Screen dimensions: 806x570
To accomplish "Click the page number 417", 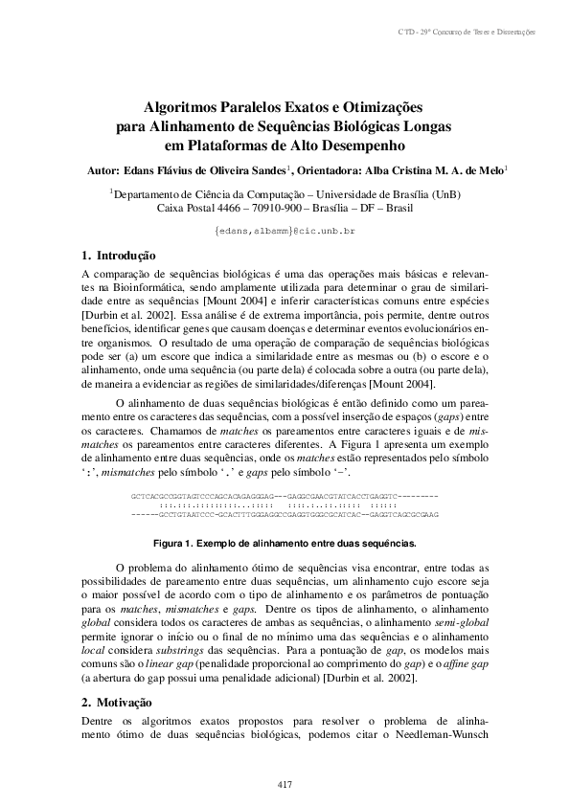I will click(285, 785).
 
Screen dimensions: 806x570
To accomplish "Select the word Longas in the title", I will click(429, 126).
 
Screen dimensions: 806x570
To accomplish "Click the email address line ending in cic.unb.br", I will click(285, 232).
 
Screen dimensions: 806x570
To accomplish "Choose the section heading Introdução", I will click(119, 256).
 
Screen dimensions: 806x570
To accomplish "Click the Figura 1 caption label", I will click(174, 543).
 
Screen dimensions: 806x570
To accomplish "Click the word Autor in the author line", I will click(102, 170).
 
